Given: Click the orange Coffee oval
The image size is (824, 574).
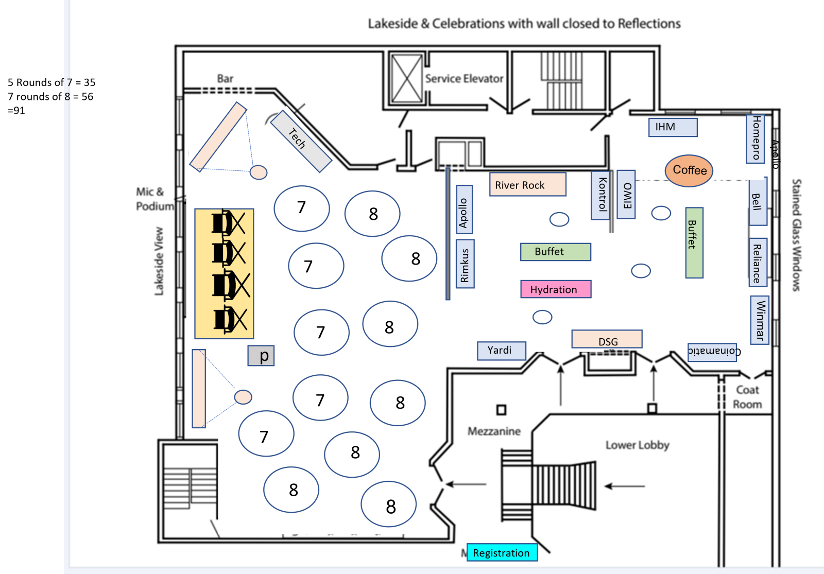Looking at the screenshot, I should (x=689, y=170).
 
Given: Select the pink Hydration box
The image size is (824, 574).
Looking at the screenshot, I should (x=556, y=289).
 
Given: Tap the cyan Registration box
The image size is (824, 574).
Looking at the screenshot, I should (x=502, y=553).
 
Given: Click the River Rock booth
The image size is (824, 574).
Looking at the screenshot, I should (x=527, y=184).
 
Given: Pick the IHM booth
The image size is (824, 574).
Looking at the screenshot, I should (x=673, y=127).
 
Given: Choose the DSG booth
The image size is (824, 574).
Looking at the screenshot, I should (x=607, y=340).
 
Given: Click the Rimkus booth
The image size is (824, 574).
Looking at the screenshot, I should (x=465, y=264).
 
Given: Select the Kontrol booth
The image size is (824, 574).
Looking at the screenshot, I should (x=600, y=195).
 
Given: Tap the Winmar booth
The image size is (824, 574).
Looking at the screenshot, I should (x=760, y=320).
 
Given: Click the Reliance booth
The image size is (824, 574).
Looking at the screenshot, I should (x=758, y=262).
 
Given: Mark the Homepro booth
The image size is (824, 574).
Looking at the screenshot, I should (x=755, y=139).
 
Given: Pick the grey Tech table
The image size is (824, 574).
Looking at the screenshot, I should (x=301, y=142).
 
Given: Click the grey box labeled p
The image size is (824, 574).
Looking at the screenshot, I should (x=261, y=356).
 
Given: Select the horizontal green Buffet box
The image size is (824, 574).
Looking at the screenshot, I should (x=555, y=252).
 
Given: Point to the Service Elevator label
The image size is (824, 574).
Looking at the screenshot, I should (x=464, y=79).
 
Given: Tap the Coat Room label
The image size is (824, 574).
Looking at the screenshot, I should (x=747, y=397).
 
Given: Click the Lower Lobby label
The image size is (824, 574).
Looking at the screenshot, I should (x=637, y=445).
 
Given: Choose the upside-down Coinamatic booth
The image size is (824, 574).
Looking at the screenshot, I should (x=712, y=352).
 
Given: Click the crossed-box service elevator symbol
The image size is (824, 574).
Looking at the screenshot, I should (x=407, y=79).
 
